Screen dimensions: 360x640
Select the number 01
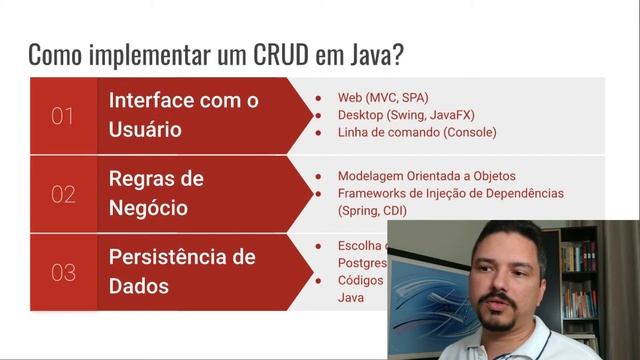tap(63, 117)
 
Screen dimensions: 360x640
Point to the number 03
tap(63, 272)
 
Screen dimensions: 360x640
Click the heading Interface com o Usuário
tap(184, 115)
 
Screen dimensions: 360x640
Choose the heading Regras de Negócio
tap(156, 194)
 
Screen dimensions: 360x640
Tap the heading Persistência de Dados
tap(182, 271)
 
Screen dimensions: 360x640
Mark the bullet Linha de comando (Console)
tap(417, 131)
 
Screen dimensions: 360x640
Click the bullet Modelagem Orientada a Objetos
tap(433, 175)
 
